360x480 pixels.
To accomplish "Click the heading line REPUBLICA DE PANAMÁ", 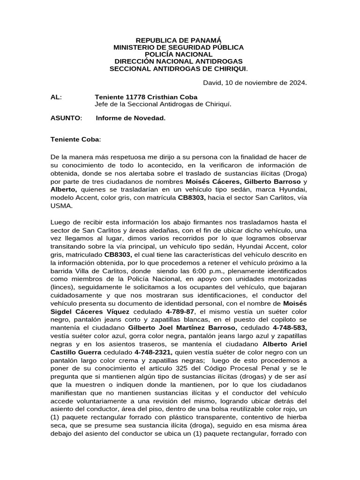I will [179, 41].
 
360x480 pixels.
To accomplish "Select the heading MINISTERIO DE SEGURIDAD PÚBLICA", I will [179, 48].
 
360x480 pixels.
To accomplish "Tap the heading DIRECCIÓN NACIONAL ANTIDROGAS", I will [179, 61].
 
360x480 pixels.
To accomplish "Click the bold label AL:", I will [56, 97].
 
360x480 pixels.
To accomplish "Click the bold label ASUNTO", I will [65, 118].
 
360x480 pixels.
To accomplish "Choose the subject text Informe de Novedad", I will [130, 118].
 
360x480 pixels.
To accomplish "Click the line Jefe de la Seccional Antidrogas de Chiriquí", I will [163, 104].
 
